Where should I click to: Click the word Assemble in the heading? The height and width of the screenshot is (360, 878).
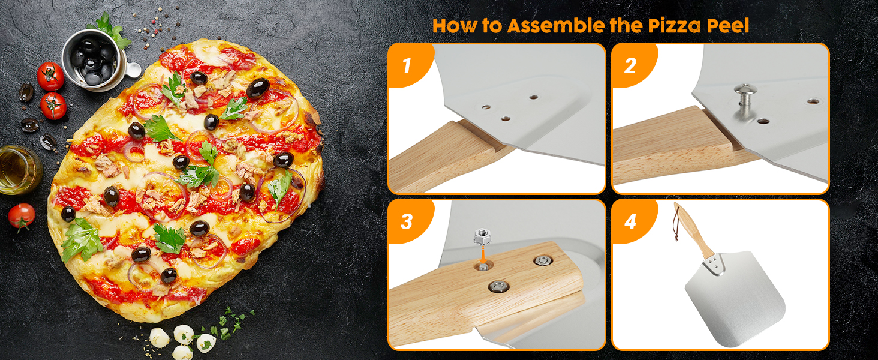coord(556,25)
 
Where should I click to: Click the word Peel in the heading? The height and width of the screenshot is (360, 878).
coord(727,26)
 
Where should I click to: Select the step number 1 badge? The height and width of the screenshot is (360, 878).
coord(408,65)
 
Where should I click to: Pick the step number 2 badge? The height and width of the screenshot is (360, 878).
coord(630,65)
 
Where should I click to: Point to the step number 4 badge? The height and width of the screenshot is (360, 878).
coord(630,221)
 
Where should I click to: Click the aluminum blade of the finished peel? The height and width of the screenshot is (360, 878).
coord(735,296)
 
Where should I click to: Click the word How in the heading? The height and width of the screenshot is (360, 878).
coord(454,26)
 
